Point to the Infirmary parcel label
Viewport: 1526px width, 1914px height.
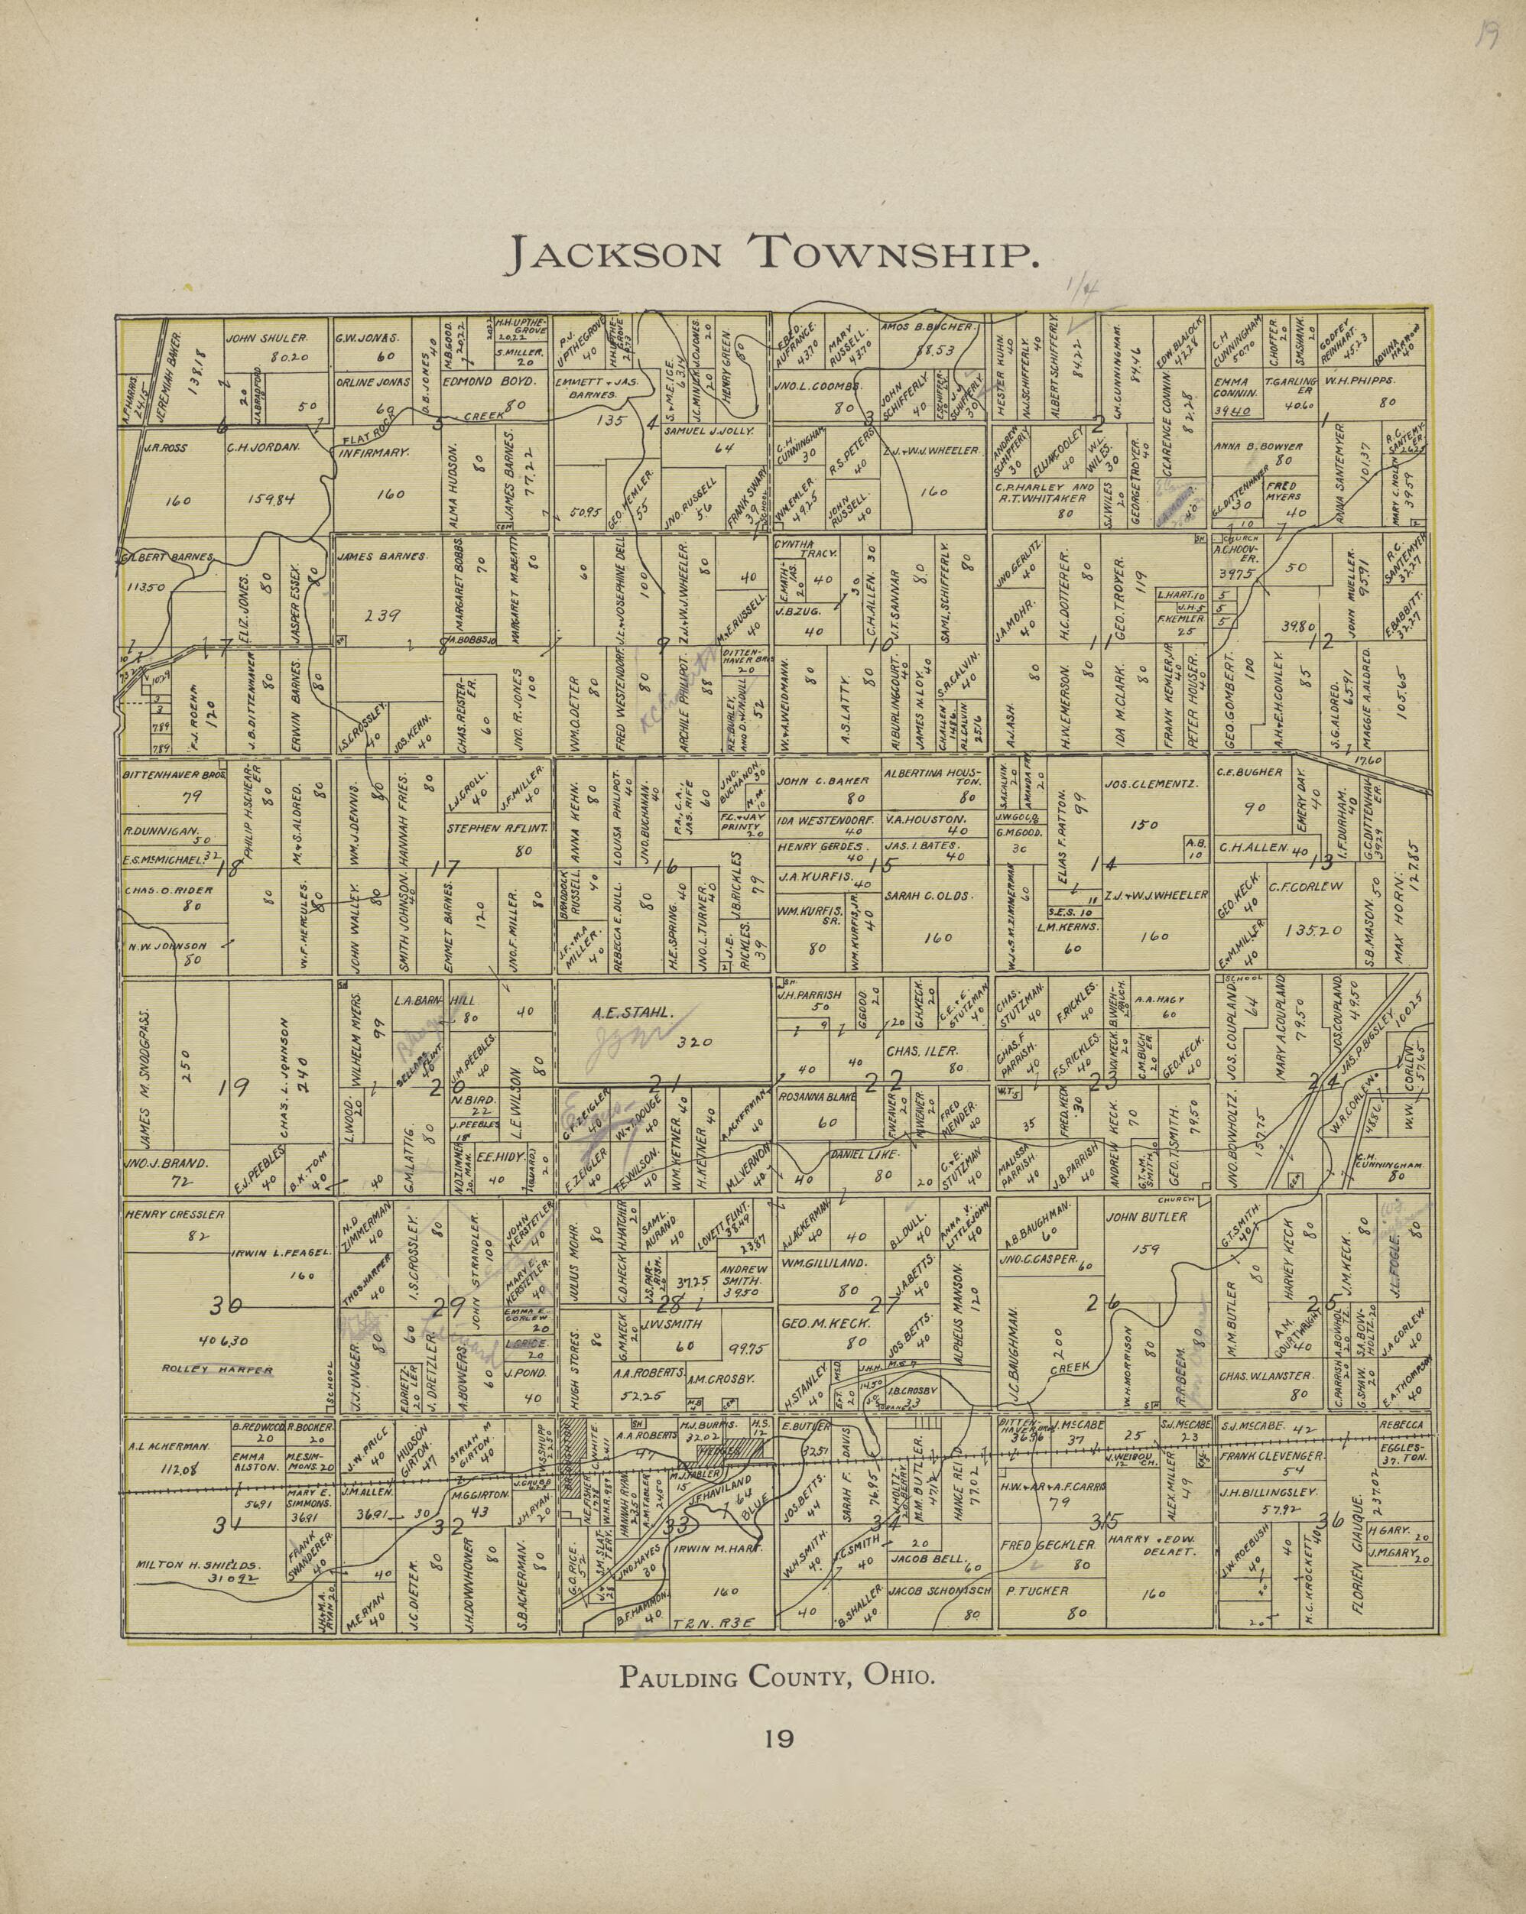pyautogui.click(x=374, y=451)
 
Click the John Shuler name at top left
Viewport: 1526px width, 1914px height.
pyautogui.click(x=266, y=338)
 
